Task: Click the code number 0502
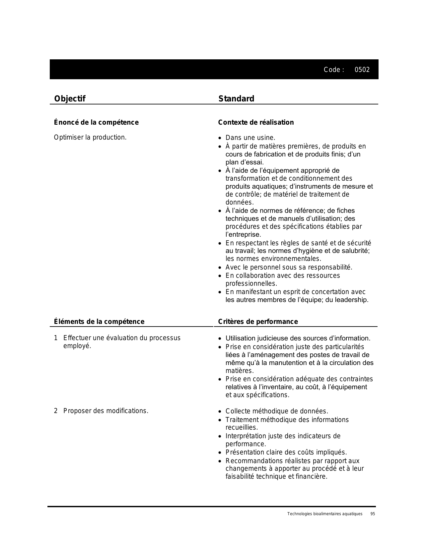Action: click(362, 70)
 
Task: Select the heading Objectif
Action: click(70, 99)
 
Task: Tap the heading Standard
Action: click(236, 99)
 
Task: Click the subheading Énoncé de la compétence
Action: click(96, 122)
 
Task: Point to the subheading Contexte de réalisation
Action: click(256, 122)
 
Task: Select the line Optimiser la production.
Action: click(90, 137)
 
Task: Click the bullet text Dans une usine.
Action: click(250, 138)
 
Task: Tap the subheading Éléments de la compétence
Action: click(99, 322)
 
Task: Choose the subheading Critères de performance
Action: click(258, 322)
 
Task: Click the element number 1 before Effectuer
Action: click(56, 338)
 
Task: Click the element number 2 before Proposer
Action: click(56, 411)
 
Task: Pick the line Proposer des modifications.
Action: click(106, 411)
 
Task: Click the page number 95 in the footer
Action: click(373, 514)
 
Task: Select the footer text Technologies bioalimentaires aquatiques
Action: click(325, 514)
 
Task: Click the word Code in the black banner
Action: click(332, 70)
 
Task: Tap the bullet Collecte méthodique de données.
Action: click(277, 411)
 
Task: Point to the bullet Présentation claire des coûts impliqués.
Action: click(286, 452)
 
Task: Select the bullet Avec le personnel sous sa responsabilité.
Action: click(289, 267)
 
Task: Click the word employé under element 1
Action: click(77, 346)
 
